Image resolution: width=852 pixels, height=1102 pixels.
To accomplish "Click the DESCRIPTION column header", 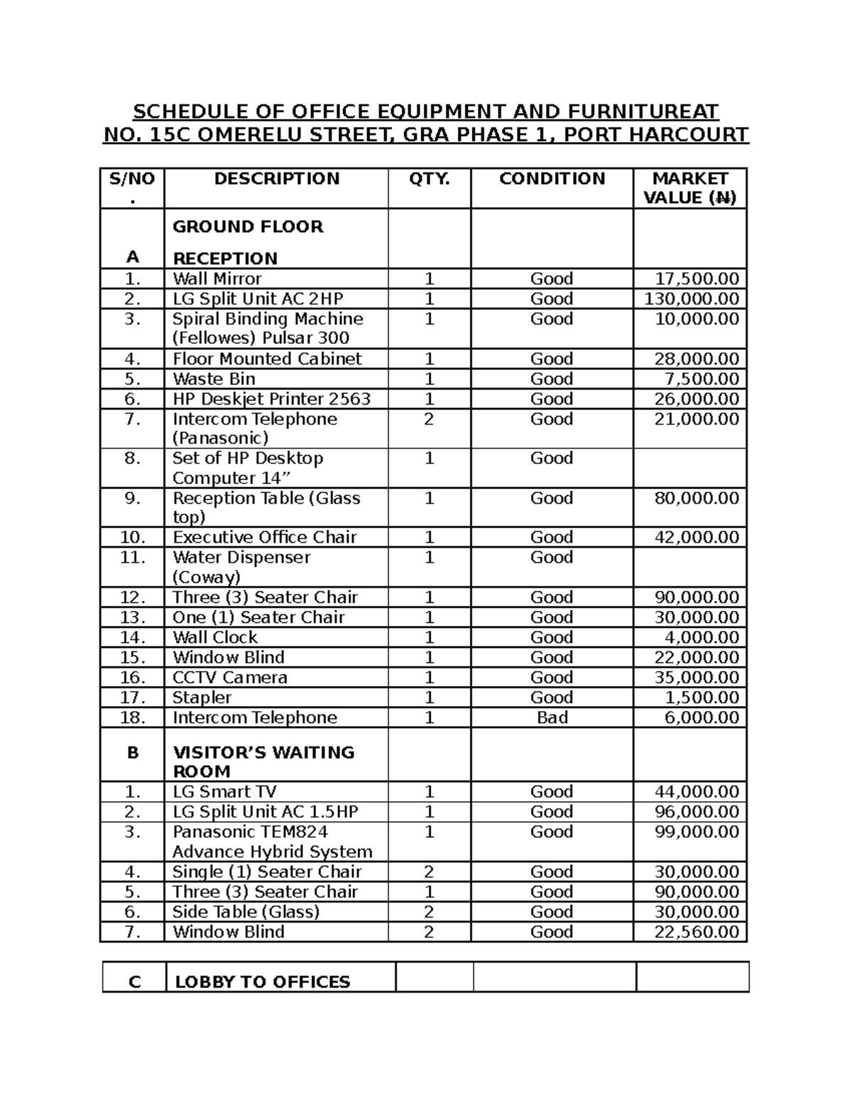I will coord(276,179).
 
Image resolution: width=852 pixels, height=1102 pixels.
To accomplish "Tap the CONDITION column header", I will coord(552,179).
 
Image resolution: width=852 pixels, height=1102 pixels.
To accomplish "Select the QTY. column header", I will coord(429,179).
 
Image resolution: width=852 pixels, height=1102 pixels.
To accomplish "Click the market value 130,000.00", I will coord(691,299).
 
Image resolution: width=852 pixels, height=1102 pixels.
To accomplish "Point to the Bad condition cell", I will coord(552,717).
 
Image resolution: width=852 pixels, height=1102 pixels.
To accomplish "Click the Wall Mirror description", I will coord(217,279).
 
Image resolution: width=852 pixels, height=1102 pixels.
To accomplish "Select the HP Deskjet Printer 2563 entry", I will coord(271,399).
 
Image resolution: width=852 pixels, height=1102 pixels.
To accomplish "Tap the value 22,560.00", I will coord(696,932).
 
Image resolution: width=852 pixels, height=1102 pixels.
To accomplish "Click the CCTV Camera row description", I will coord(230,677).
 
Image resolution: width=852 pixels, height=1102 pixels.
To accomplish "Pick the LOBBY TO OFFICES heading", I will coord(262,982).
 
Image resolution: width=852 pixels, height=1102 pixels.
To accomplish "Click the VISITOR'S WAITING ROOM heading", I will coord(263,761).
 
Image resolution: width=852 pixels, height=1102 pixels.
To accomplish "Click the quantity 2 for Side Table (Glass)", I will coord(429,912).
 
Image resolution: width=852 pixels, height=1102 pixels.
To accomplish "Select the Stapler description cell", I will coord(202,698).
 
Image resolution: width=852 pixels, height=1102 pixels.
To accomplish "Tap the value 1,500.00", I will coord(701,698).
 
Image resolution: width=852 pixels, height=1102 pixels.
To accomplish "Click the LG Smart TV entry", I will coord(224,792).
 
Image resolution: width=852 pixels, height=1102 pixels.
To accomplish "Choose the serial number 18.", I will coord(132,717).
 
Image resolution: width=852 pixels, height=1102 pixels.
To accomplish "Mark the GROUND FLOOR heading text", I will coord(248,227).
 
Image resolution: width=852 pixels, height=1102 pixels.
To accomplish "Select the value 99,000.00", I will coord(696,832).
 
